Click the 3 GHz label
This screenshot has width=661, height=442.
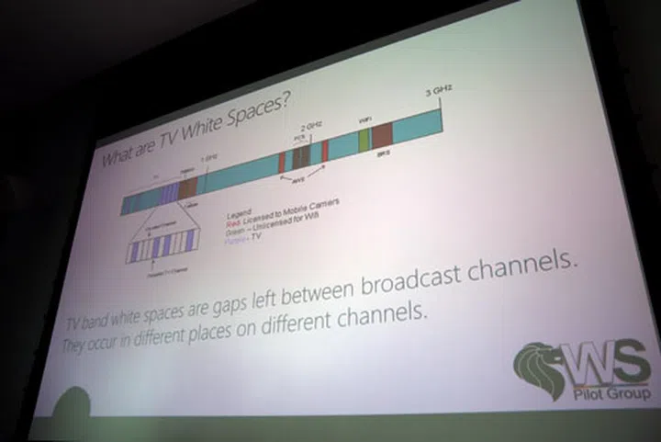click(440, 90)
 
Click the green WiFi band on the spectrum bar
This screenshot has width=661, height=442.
click(364, 139)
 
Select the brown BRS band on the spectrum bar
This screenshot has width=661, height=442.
click(382, 135)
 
